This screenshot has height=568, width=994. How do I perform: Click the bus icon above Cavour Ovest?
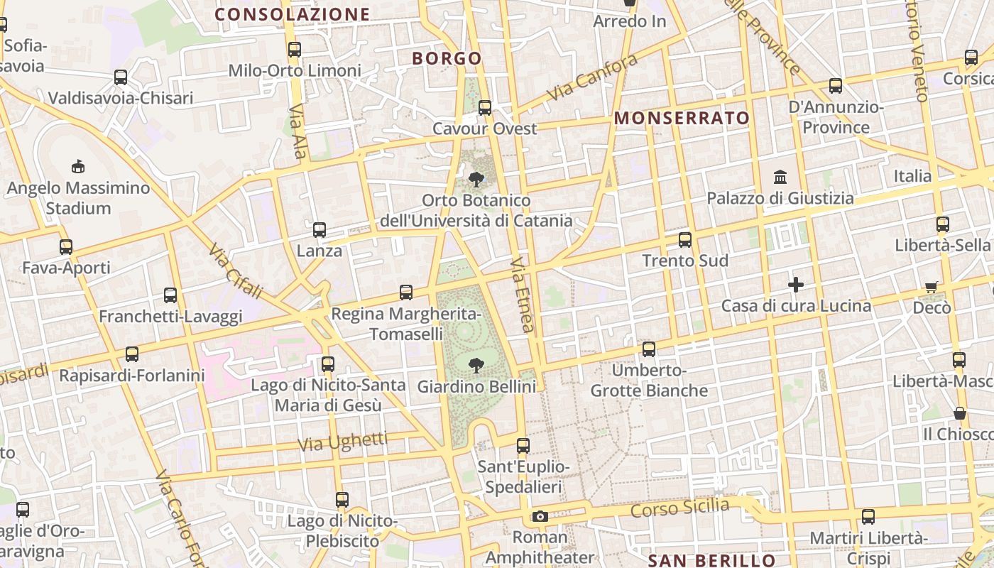click(485, 108)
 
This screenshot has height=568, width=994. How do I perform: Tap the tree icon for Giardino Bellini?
click(476, 366)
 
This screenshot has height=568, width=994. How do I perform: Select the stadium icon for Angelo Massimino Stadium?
click(78, 167)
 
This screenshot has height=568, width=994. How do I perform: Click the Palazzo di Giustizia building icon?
click(780, 176)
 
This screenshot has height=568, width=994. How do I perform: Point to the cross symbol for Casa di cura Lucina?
click(796, 285)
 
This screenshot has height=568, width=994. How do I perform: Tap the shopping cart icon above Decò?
click(931, 287)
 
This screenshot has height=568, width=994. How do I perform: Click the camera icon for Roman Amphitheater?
click(540, 516)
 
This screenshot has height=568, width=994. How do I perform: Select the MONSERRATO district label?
click(682, 118)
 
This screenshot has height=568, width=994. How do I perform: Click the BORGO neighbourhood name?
click(447, 58)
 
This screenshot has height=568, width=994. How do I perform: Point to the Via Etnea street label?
click(522, 294)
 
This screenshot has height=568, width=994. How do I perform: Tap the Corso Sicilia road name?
click(679, 508)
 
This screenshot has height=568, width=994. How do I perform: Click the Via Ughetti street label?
click(343, 442)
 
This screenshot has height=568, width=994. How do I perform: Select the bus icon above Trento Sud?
click(685, 239)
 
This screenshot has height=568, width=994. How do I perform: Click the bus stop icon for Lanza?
click(319, 229)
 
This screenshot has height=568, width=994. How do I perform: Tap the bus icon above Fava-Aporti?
click(66, 246)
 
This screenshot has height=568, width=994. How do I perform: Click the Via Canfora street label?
click(592, 78)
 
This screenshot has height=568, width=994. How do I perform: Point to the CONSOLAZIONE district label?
click(293, 14)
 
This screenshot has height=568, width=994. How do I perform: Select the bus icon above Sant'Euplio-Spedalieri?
click(523, 446)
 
